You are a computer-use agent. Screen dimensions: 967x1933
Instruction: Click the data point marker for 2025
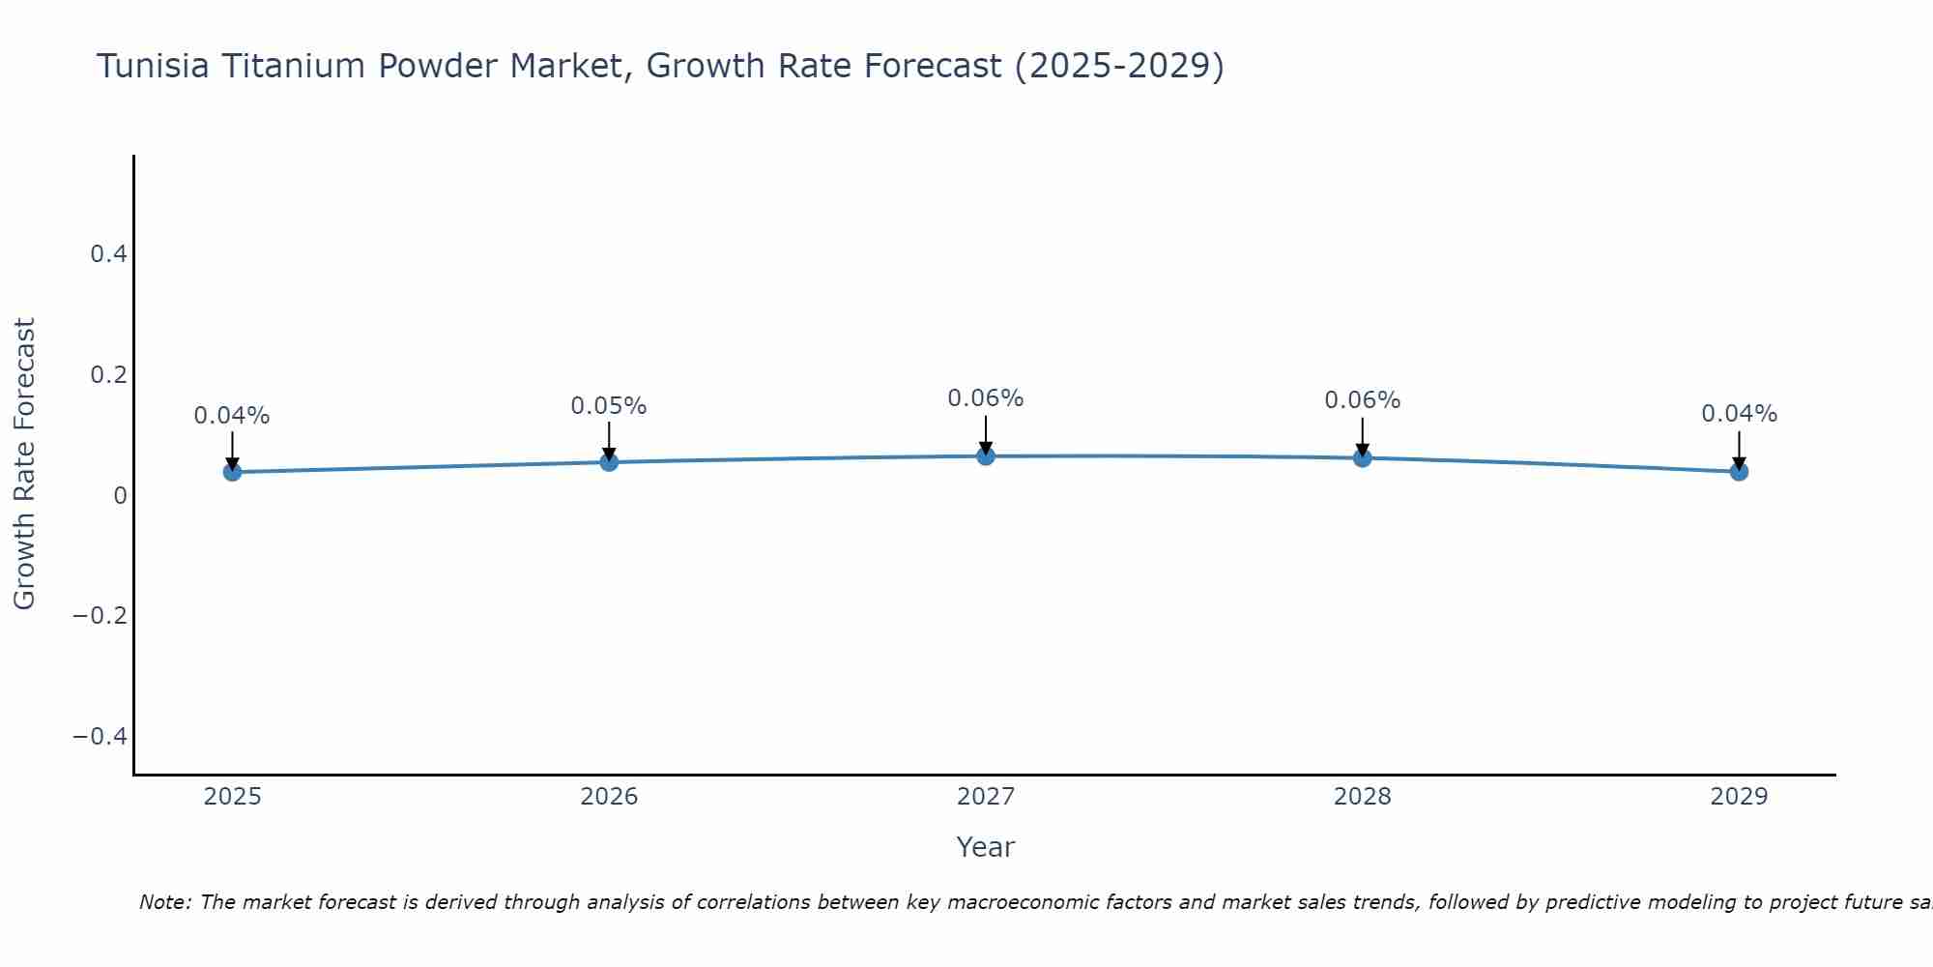click(x=232, y=472)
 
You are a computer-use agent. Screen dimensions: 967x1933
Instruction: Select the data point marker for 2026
click(x=609, y=462)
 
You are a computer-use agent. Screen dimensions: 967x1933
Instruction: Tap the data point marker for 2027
click(x=986, y=455)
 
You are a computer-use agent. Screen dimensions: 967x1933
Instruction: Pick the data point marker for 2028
click(x=1362, y=457)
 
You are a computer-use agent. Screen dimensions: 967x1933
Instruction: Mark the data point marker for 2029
click(x=1739, y=472)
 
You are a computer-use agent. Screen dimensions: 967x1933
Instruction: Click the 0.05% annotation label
click(x=609, y=406)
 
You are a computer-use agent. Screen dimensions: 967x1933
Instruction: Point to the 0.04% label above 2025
click(x=232, y=416)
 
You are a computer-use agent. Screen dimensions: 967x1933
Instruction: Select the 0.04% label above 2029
click(x=1739, y=414)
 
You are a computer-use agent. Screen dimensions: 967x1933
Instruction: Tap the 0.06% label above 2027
click(x=986, y=398)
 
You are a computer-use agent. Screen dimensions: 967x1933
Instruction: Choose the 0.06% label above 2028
click(x=1362, y=400)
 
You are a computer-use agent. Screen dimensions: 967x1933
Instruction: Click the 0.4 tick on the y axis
click(x=108, y=254)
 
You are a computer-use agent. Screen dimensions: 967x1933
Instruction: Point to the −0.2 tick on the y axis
click(x=101, y=616)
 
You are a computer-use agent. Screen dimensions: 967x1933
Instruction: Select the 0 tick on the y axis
click(x=120, y=495)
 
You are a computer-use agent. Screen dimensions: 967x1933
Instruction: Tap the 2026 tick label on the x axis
click(x=609, y=797)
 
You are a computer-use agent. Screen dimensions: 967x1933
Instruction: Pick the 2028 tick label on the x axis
click(x=1362, y=797)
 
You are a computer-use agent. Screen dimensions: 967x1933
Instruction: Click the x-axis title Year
click(x=986, y=848)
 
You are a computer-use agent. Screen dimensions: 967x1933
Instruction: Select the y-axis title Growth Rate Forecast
click(x=25, y=464)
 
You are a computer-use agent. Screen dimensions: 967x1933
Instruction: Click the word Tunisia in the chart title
click(x=154, y=67)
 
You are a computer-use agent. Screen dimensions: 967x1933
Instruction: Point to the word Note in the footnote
click(x=164, y=903)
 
